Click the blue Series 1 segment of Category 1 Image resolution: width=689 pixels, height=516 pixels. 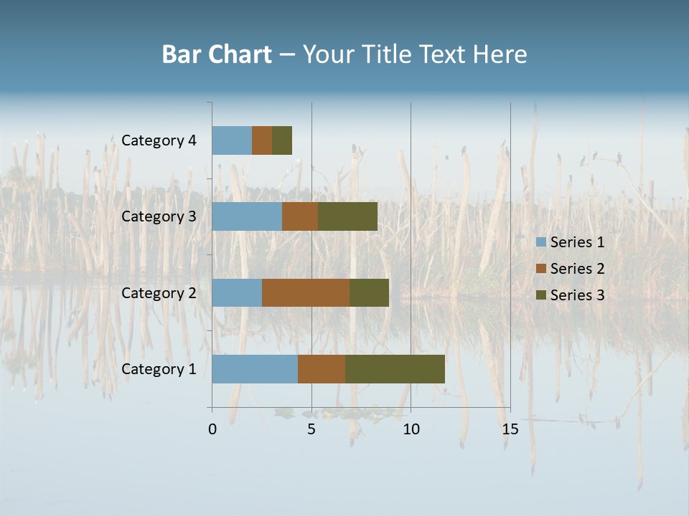[255, 369]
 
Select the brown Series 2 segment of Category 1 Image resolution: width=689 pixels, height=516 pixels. [322, 369]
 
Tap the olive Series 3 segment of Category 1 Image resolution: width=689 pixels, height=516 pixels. [395, 369]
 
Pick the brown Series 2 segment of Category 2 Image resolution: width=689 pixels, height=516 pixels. [306, 292]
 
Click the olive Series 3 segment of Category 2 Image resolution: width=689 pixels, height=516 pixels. [369, 292]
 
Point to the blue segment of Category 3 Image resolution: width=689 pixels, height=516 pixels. [247, 216]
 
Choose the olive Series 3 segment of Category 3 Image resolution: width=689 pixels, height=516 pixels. [347, 216]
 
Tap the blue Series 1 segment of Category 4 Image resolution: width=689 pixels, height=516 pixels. [232, 140]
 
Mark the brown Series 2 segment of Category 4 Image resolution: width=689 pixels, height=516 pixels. [262, 140]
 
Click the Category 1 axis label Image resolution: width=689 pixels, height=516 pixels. [159, 369]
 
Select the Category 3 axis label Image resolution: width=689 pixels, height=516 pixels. [159, 216]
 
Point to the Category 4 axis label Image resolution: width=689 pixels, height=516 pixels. [159, 140]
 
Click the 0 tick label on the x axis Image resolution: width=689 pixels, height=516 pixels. [212, 429]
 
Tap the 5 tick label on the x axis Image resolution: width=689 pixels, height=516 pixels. [311, 429]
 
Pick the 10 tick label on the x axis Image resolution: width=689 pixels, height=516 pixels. [411, 429]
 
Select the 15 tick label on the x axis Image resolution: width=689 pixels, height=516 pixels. [510, 429]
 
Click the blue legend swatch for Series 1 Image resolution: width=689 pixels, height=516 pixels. [541, 242]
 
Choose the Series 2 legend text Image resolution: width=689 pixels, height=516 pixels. [577, 269]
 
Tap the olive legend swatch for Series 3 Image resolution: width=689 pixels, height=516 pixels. [541, 295]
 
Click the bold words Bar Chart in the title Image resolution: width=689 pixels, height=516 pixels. [217, 54]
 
